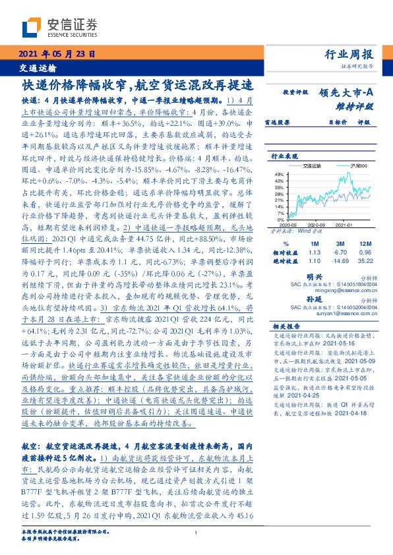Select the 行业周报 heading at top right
click(349, 54)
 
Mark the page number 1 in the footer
click(196, 535)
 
